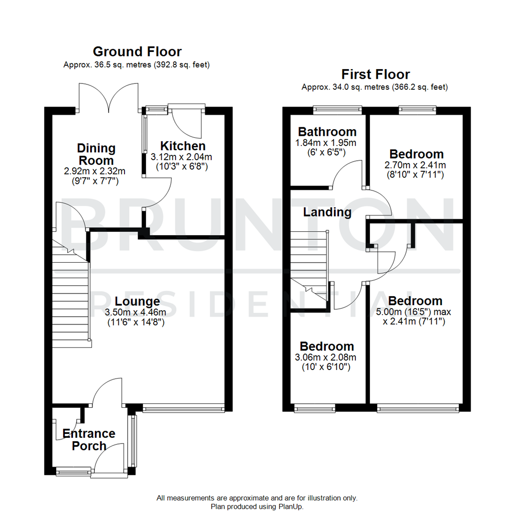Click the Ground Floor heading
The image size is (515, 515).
coord(137,51)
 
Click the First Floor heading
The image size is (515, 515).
coord(375,74)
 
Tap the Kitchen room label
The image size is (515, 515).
coord(183,146)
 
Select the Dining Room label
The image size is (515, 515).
coord(96,154)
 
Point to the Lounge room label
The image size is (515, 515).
coord(137,301)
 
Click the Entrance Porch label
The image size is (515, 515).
coord(89,440)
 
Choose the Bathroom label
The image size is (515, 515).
coord(327,132)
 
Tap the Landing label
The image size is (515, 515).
coord(328,212)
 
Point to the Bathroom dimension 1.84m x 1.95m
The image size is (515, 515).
coord(327,143)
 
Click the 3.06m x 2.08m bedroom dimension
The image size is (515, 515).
coord(327,358)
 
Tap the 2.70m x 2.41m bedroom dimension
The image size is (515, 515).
coord(416,165)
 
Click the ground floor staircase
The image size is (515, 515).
coord(71,296)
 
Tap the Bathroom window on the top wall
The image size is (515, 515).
coord(337,110)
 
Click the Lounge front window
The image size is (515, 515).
coord(183,408)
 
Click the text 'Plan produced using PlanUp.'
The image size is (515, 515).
coord(257,506)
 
